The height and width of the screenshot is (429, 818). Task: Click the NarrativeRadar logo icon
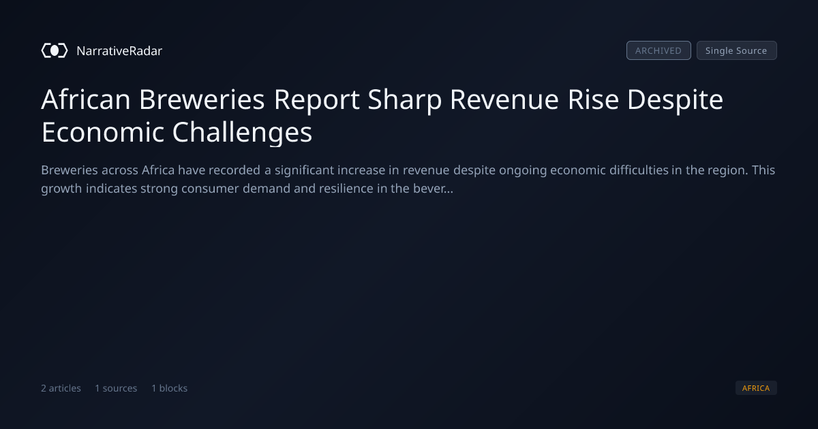tap(55, 50)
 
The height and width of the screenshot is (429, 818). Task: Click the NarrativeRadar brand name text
tap(119, 50)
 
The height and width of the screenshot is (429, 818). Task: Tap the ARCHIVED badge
tap(658, 50)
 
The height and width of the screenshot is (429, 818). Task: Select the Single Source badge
tap(737, 50)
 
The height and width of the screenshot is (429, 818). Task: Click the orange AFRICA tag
tap(756, 387)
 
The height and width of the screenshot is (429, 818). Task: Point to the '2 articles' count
tap(61, 388)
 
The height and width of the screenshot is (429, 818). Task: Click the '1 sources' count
tap(116, 388)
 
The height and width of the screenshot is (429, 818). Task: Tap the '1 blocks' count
tap(170, 388)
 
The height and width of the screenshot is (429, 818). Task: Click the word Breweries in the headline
tap(202, 99)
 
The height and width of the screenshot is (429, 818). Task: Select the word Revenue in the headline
tap(504, 99)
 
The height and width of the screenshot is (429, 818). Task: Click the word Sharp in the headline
tap(405, 100)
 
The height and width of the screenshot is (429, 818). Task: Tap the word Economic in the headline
tap(103, 132)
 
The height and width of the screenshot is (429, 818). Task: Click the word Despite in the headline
tap(676, 100)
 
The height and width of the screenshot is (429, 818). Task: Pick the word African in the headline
tap(86, 99)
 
